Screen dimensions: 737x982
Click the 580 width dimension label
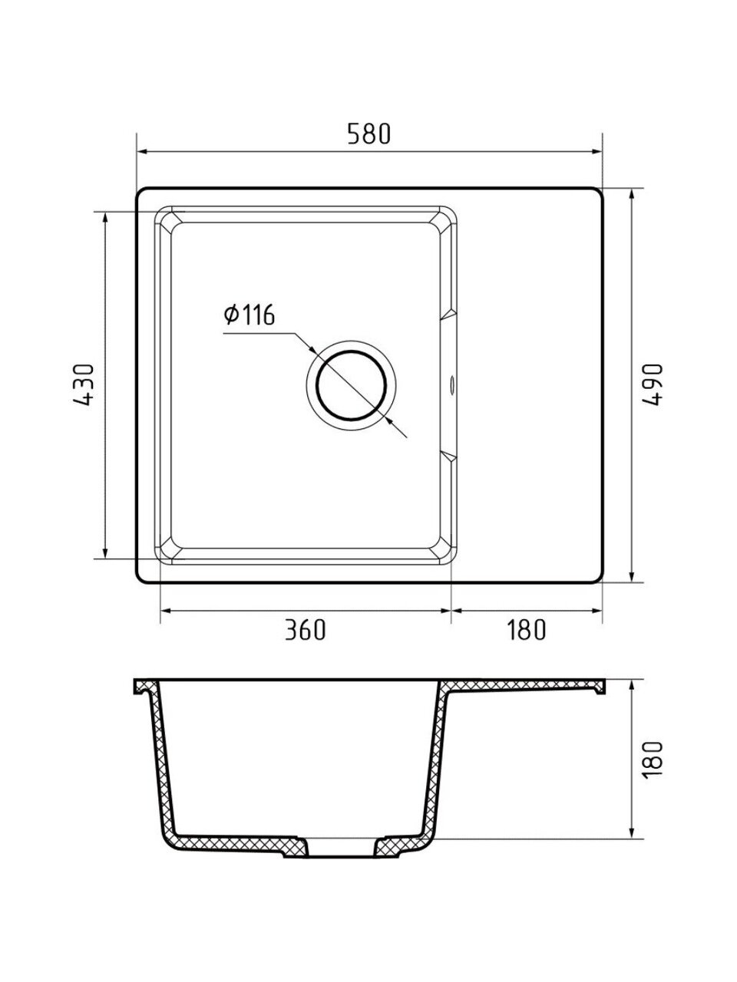369,133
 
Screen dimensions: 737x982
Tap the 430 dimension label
83,384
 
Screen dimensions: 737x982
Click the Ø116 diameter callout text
250,315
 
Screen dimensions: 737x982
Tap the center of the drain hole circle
351,385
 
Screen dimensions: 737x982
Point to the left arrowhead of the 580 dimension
142,152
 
